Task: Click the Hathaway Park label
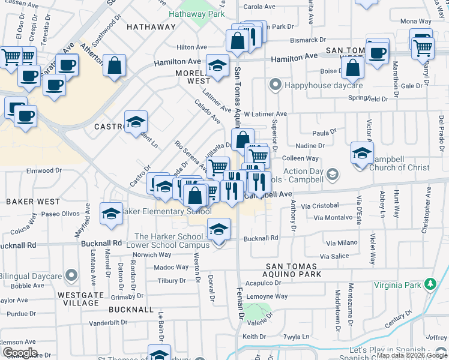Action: [196, 14]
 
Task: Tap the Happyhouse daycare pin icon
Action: [276, 85]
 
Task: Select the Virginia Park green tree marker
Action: [430, 284]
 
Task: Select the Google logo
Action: [20, 353]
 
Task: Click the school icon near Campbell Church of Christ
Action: [362, 153]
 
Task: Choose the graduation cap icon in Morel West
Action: [217, 64]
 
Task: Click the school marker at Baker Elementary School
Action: [111, 213]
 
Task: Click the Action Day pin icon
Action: [333, 174]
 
